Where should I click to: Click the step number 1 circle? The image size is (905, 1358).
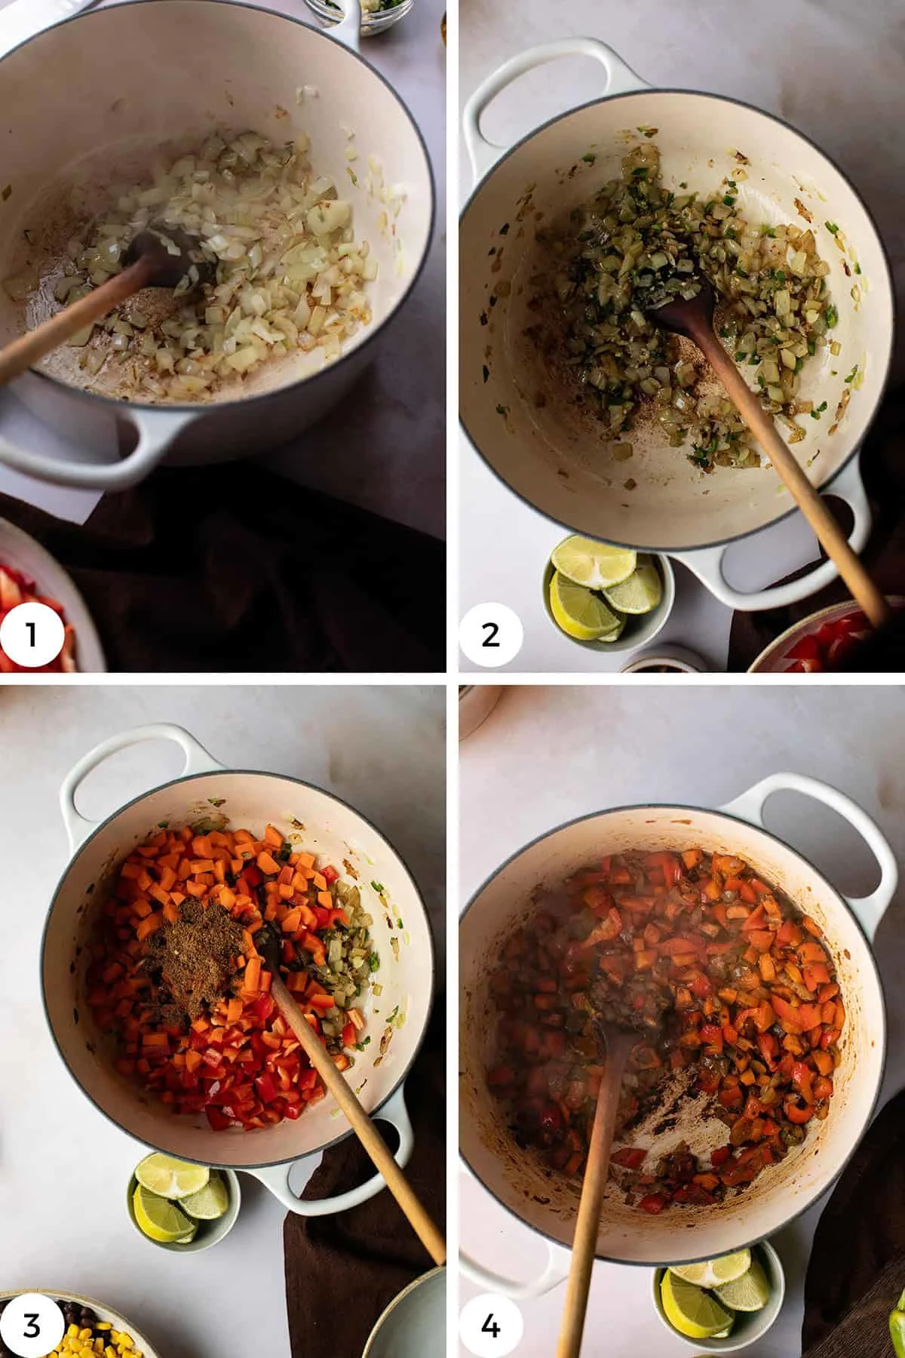(x=31, y=635)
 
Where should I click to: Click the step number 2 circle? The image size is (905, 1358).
(x=490, y=635)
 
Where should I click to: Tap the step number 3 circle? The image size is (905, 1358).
(x=31, y=1326)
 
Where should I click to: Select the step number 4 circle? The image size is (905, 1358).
(x=490, y=1326)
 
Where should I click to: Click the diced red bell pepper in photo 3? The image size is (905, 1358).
(x=249, y=1079)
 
